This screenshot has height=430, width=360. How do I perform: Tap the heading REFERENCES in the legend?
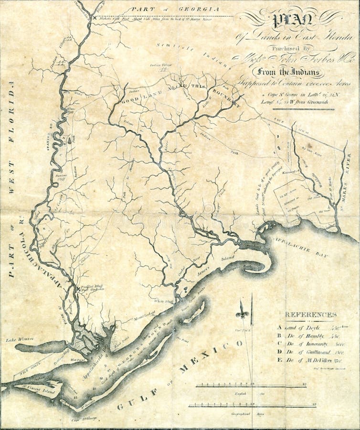pyautogui.click(x=310, y=314)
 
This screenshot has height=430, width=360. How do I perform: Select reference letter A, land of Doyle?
pyautogui.click(x=279, y=328)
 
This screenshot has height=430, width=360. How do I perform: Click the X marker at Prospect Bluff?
pyautogui.click(x=78, y=288)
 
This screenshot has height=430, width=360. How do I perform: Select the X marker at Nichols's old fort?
pyautogui.click(x=95, y=18)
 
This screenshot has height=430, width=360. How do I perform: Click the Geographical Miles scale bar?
pyautogui.click(x=252, y=406)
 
